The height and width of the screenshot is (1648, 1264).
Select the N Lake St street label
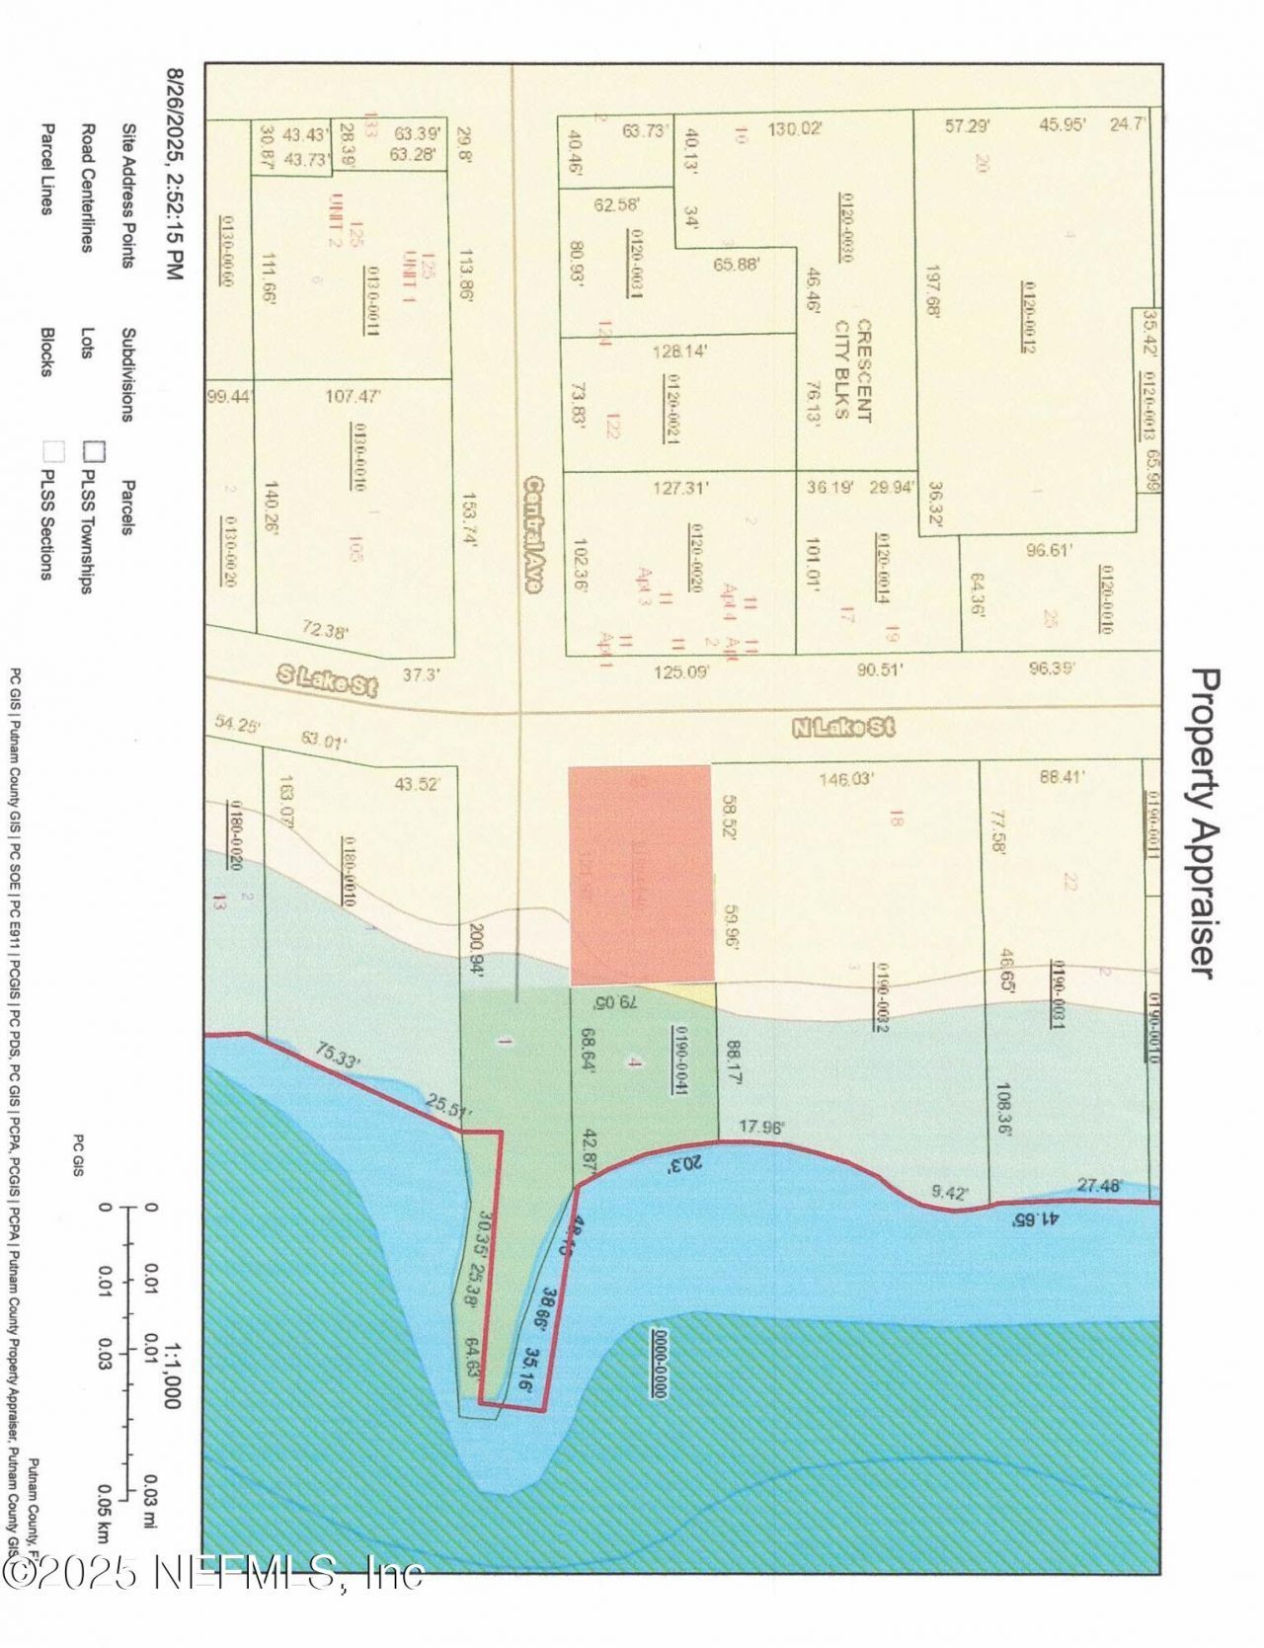(x=844, y=729)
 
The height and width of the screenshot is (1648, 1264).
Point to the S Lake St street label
(x=326, y=682)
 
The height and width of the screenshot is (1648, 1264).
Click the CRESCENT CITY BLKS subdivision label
(x=852, y=369)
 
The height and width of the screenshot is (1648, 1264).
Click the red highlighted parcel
(x=640, y=874)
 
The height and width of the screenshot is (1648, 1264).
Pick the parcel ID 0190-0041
(x=680, y=1059)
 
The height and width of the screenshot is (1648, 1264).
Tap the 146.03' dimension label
(x=846, y=779)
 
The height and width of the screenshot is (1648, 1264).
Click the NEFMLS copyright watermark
(x=212, y=1573)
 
